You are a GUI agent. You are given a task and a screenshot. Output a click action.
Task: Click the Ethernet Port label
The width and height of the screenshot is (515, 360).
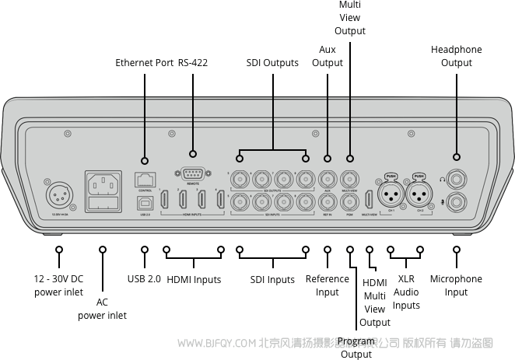pos(144,63)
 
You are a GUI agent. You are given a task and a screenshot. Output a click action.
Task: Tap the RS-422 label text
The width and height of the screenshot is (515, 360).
pos(193,63)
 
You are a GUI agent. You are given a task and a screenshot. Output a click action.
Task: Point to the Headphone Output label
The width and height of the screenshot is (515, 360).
pos(456,56)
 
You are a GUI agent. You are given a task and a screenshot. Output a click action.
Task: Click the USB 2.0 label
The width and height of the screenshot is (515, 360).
pos(144,279)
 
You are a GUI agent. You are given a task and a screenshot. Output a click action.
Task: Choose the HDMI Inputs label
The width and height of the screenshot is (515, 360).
pos(194,279)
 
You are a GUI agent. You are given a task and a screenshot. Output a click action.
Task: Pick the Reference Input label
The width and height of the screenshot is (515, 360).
pos(328,285)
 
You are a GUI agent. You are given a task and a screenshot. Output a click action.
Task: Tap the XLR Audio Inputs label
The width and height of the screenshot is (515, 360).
pos(406,292)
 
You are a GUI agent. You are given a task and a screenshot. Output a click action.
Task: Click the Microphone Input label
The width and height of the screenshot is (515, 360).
pos(456,285)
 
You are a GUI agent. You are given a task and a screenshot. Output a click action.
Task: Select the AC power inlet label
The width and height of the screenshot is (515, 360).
pos(102,309)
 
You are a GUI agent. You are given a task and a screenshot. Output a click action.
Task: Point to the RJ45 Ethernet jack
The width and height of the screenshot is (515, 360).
pos(145,180)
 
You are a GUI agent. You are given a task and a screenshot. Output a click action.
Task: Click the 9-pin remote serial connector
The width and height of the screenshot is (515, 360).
pos(193,176)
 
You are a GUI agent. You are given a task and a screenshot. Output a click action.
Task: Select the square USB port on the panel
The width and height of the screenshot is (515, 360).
pos(145,201)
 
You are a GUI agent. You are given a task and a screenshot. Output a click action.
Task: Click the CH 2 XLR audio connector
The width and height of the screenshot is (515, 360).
pos(419,193)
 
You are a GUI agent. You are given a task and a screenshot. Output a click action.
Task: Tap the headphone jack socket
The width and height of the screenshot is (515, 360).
pos(455,179)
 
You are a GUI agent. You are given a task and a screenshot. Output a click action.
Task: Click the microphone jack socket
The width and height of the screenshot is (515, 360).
pos(455,204)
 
